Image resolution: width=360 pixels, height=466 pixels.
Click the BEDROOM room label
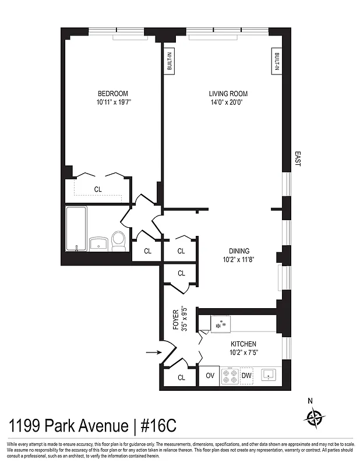pos(112,93)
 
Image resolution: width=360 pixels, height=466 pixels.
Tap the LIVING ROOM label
pos(228,93)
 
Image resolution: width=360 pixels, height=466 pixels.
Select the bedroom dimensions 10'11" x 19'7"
pos(112,103)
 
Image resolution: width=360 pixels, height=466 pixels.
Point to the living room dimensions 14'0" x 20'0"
pos(228,103)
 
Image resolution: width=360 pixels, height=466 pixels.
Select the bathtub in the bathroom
pos(76,228)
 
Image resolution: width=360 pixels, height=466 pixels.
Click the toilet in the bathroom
pos(118,241)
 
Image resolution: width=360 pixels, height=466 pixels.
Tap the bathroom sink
pos(97,242)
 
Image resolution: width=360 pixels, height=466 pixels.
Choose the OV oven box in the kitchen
pos(209,376)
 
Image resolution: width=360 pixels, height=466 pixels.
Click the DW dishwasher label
pos(246,376)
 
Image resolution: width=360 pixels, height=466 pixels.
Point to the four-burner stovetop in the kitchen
pos(228,376)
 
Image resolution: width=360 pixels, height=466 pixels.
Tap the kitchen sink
pos(269,375)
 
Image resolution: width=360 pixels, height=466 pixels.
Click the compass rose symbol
pos(314,417)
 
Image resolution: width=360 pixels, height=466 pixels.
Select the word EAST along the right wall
pos(297,159)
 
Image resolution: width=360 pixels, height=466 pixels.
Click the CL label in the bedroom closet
pos(97,189)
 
